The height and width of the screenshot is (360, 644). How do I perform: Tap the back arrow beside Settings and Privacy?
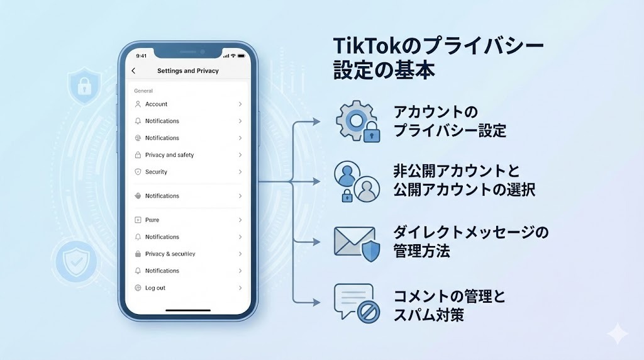tap(133, 70)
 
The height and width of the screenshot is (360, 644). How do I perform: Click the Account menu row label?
tap(156, 104)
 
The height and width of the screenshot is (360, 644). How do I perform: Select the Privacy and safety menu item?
tap(169, 155)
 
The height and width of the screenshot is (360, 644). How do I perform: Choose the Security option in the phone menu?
tap(156, 172)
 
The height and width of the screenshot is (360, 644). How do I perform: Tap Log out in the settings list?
tap(155, 288)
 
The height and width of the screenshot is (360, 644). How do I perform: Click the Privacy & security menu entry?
tap(170, 254)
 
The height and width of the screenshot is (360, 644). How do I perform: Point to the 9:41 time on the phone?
tap(142, 56)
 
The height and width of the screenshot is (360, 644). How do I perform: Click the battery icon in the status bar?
tap(241, 55)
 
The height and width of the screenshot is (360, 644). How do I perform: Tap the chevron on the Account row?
tap(240, 104)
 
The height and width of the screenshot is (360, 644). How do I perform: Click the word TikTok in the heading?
tap(367, 46)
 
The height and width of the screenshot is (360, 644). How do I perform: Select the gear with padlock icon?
tap(357, 121)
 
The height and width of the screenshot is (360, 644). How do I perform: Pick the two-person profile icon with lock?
tap(357, 181)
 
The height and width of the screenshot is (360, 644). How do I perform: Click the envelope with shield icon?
tap(357, 244)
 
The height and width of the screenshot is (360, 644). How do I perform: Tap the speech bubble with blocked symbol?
tap(357, 303)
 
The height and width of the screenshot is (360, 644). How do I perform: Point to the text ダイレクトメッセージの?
tap(470, 233)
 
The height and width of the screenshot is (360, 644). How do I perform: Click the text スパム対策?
tap(429, 315)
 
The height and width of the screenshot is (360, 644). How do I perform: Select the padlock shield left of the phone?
tap(84, 86)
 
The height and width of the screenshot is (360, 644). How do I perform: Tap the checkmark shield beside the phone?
tap(76, 262)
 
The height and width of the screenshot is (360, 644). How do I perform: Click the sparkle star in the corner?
tap(618, 334)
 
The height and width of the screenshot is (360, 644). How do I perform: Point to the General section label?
tap(143, 91)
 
